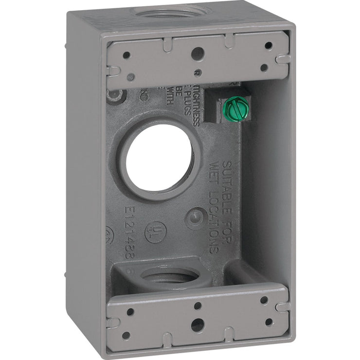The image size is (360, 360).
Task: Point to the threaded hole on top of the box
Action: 173,11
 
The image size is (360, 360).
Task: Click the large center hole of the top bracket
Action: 197,54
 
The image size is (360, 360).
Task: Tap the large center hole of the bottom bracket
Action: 197,325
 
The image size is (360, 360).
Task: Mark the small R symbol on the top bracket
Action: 196,73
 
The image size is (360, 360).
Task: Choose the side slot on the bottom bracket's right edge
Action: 282,306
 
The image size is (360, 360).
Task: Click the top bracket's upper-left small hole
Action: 126,55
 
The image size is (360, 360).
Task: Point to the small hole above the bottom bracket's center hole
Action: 197,306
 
